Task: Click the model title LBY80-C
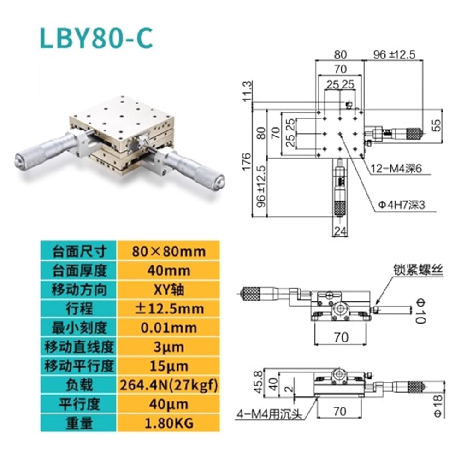(x=96, y=39)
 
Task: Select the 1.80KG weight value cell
(x=168, y=423)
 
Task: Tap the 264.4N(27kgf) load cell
(x=168, y=385)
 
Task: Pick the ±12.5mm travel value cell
(x=168, y=309)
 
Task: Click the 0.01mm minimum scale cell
(x=168, y=328)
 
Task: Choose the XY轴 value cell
(x=168, y=290)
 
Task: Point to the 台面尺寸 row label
(x=79, y=251)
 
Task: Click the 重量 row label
(x=79, y=423)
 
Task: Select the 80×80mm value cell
(x=168, y=251)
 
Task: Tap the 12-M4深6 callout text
(x=396, y=169)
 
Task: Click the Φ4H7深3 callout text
(x=402, y=205)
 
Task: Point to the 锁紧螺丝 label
(x=418, y=269)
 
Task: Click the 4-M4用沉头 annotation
(x=270, y=414)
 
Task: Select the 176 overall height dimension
(x=246, y=161)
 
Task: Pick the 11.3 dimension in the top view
(x=247, y=91)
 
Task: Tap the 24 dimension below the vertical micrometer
(x=340, y=231)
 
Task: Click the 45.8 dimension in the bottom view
(x=258, y=382)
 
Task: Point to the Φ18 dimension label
(x=438, y=406)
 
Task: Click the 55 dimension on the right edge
(x=437, y=125)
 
